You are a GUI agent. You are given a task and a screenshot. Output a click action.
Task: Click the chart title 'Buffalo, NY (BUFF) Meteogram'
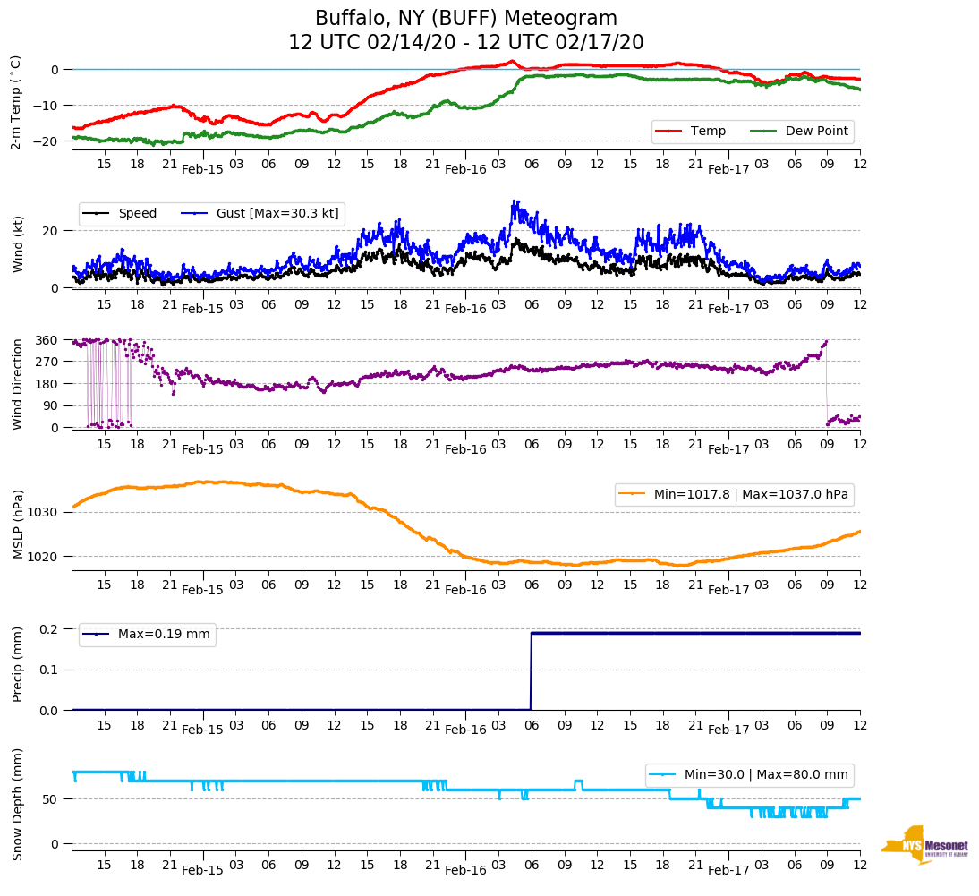465,18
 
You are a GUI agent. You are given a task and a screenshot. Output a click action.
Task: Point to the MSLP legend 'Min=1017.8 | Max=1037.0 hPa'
734,494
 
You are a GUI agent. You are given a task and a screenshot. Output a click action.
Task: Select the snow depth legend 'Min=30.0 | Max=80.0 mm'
750,774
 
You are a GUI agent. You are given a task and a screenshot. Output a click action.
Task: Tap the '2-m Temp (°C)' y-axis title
16,101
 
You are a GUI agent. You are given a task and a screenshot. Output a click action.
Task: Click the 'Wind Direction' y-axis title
17,383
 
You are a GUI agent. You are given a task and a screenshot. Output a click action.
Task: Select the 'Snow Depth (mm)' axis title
17,804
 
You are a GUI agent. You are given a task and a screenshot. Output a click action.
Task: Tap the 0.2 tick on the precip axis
49,629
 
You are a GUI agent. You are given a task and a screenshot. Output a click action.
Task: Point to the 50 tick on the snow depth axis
52,798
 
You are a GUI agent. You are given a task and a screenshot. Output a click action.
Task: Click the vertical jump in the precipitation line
531,671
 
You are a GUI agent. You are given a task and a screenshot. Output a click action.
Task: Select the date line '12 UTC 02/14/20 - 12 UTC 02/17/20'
465,43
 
